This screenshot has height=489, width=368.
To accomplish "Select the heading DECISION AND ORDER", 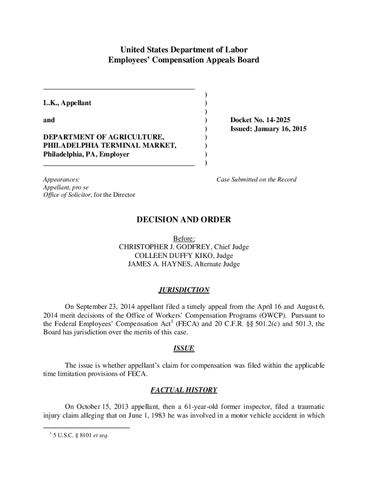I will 184,220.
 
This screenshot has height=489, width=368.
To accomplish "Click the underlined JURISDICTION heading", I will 184,290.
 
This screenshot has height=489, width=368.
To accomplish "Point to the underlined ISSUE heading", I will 184,349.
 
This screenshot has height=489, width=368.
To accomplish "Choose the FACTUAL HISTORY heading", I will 184,390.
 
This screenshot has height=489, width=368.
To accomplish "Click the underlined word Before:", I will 184,238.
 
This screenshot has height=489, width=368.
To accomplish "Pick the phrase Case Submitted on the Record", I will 256,180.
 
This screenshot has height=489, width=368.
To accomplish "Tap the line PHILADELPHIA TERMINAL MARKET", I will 109,146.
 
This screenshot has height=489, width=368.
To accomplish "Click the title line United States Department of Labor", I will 184,50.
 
